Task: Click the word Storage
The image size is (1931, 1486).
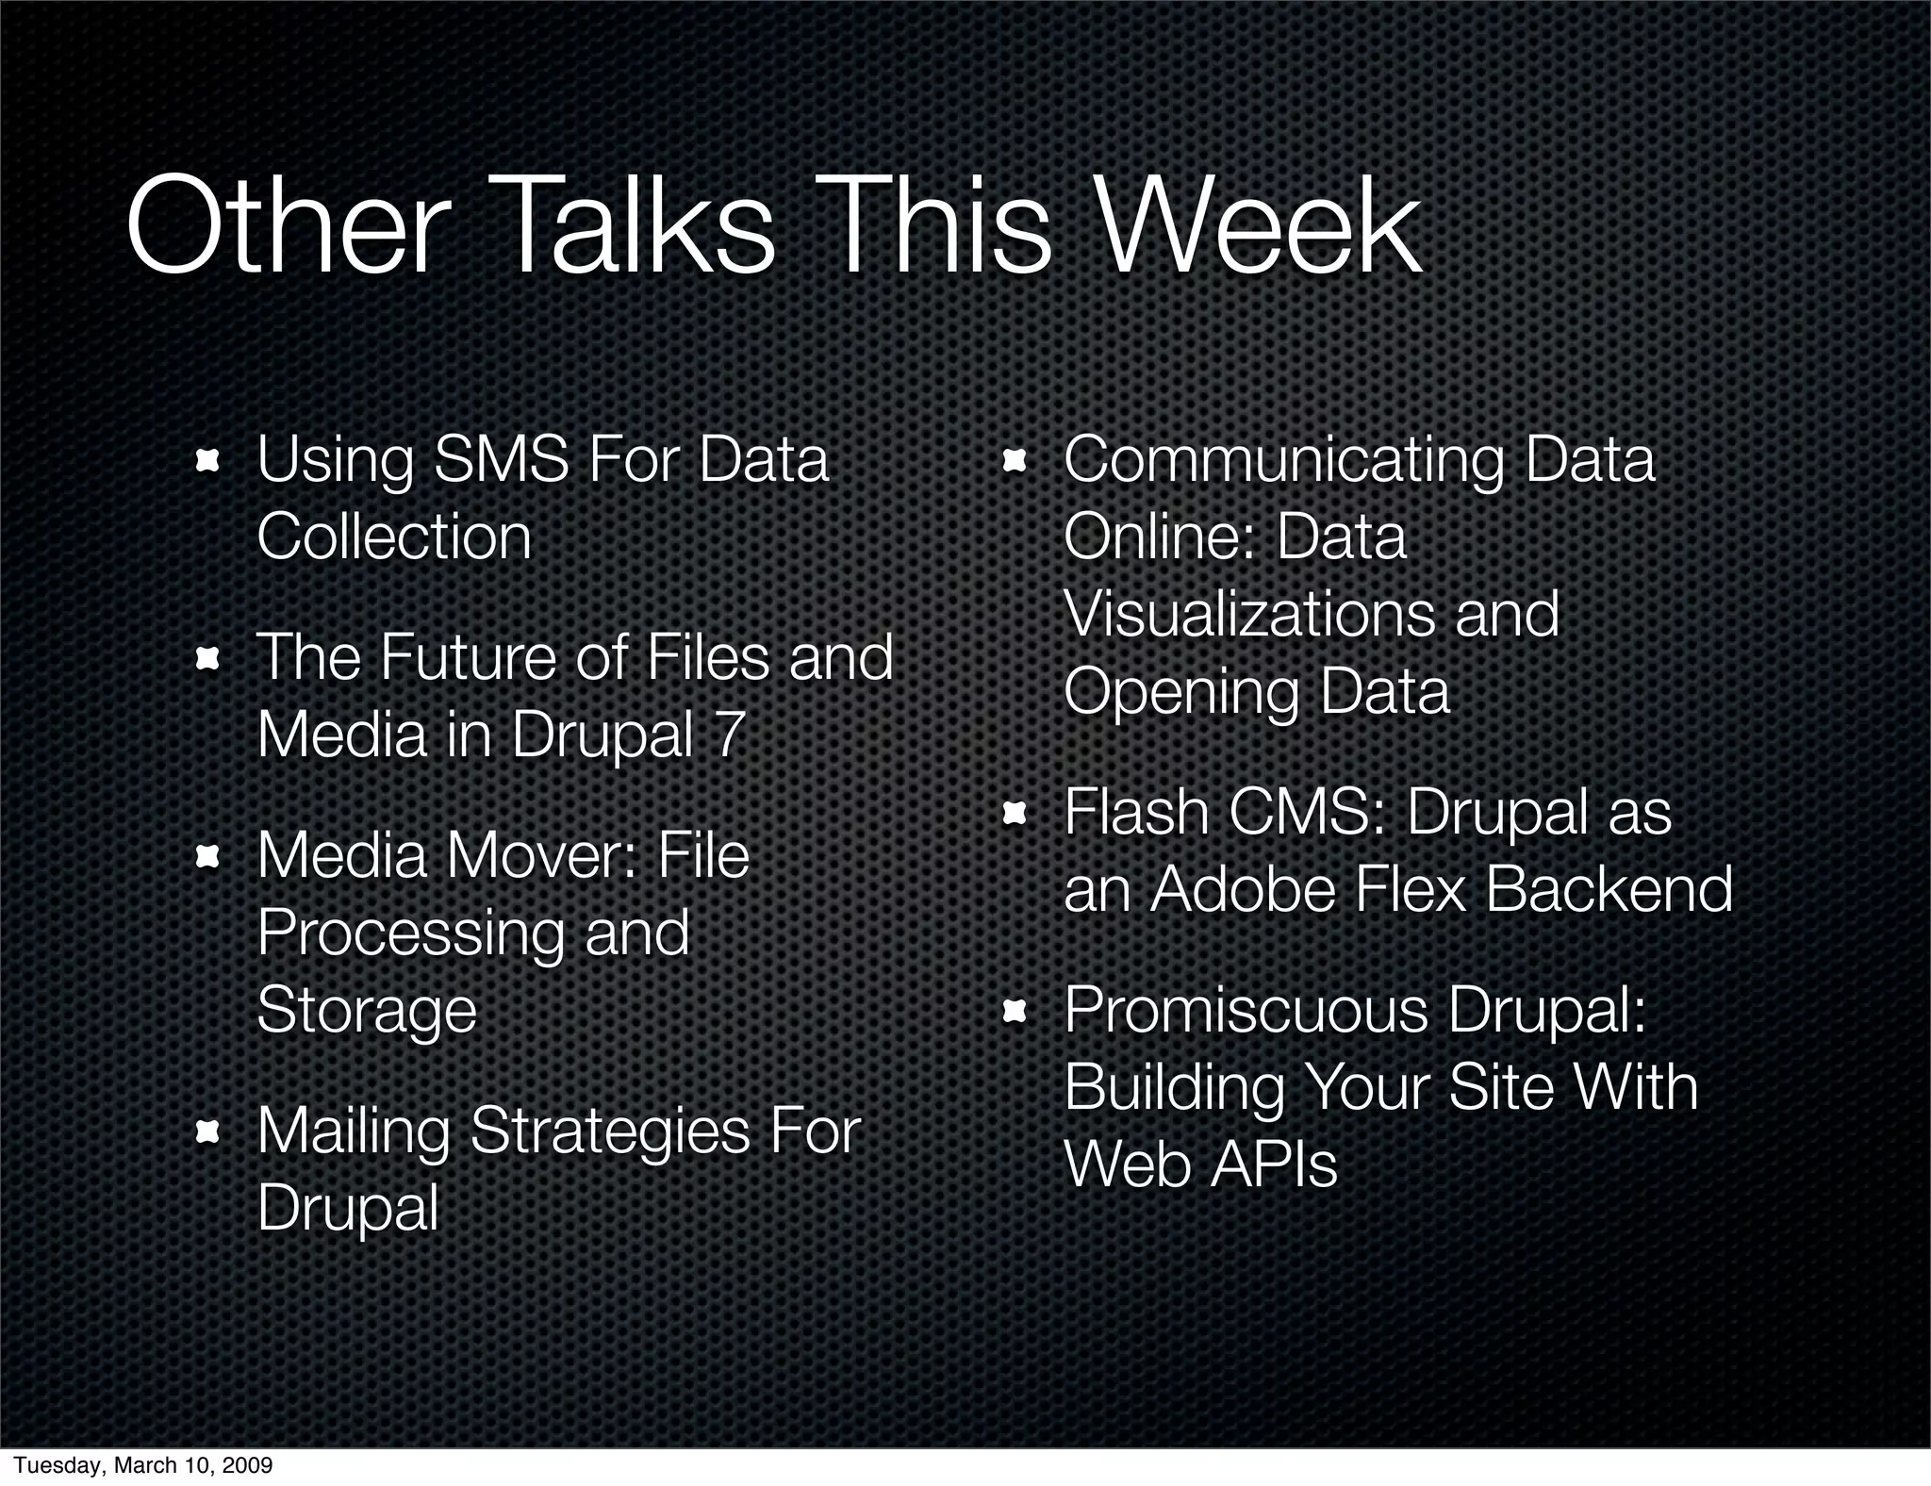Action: tap(367, 1011)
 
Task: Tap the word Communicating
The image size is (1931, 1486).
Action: tap(1283, 460)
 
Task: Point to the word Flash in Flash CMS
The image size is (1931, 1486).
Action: tap(1135, 812)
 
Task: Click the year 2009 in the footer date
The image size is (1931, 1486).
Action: tap(247, 1465)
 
